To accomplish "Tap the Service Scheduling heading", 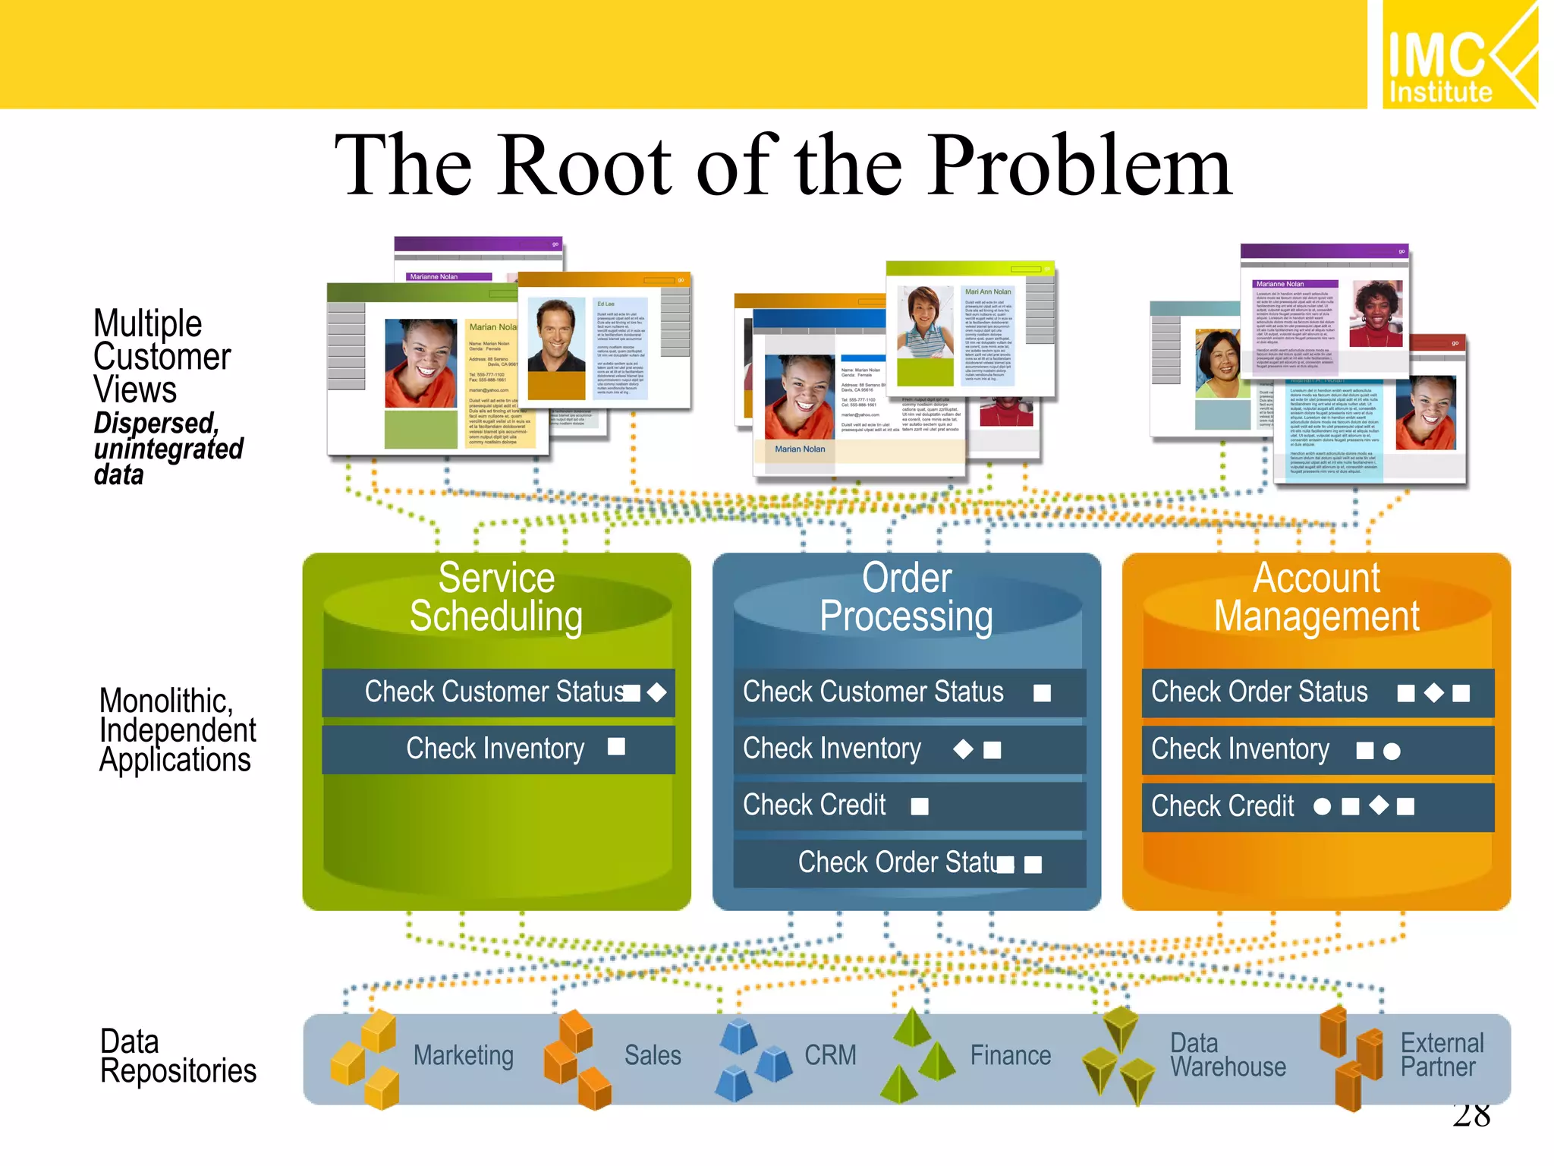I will click(x=496, y=597).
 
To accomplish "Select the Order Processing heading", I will click(x=906, y=597).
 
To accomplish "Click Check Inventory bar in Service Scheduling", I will click(x=498, y=749).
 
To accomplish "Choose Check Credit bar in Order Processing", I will click(x=909, y=805).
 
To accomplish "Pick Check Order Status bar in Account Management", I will click(x=1317, y=692).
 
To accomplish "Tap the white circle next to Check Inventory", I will click(x=1392, y=752).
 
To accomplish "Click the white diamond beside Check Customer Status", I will click(x=657, y=692).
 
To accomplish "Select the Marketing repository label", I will click(x=463, y=1056).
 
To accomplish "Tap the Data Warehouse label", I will click(x=1227, y=1055).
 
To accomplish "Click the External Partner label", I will click(x=1441, y=1055).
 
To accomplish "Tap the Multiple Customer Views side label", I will click(x=161, y=357).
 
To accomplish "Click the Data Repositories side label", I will click(x=178, y=1057).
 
